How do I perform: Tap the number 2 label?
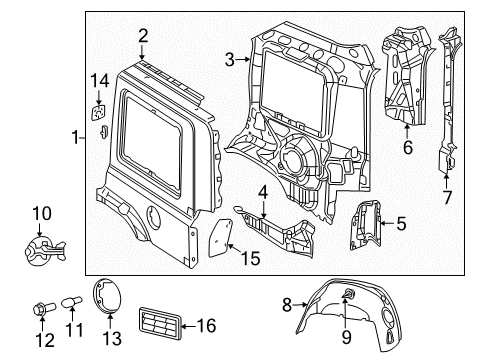point(143,36)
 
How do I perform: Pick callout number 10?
point(41,212)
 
